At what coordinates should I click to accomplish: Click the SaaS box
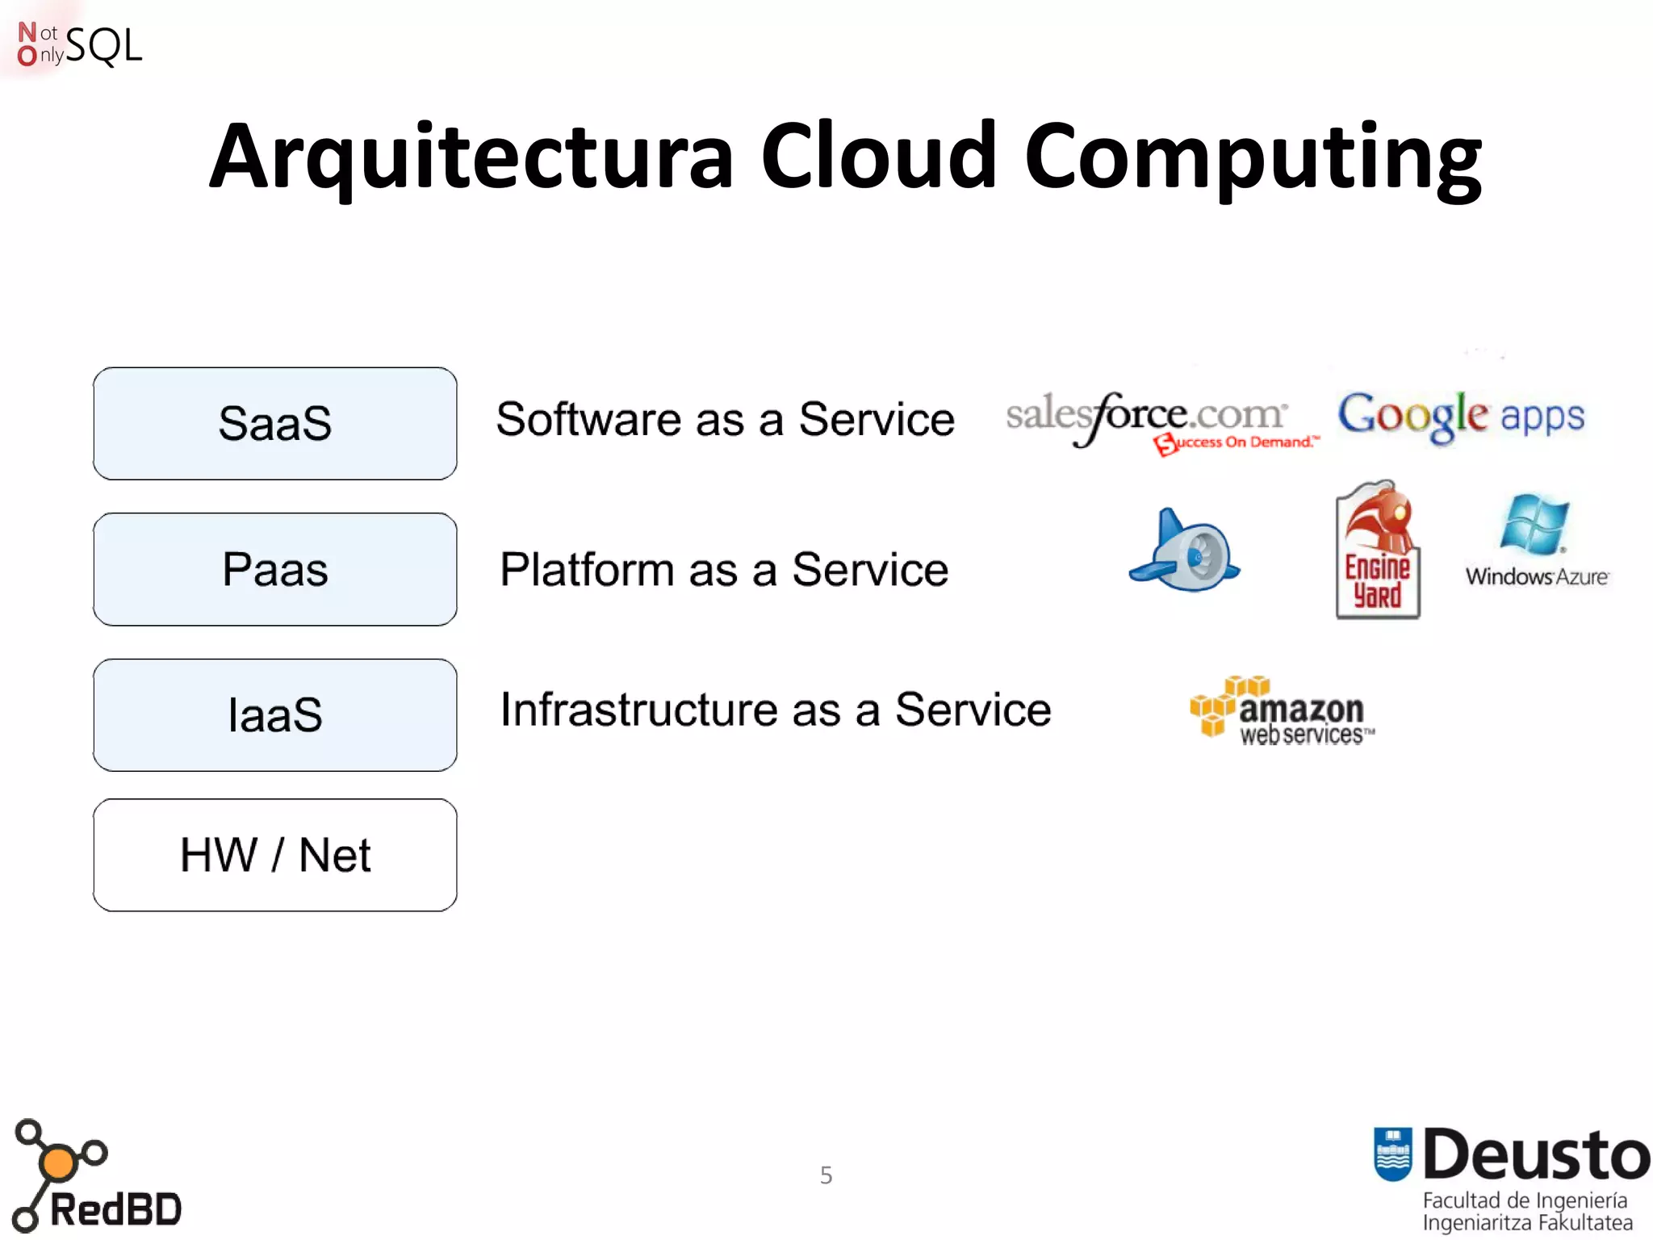274,423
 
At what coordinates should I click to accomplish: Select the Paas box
274,569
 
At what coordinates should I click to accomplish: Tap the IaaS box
274,714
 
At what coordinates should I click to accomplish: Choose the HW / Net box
274,855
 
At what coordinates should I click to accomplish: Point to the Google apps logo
1461,416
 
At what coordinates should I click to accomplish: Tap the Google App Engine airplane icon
1185,551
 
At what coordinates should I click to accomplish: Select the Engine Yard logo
1378,551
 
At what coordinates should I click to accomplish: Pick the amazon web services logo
1282,710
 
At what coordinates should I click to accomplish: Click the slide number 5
826,1175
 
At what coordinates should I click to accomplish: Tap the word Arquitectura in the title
471,157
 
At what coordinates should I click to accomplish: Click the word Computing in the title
1253,157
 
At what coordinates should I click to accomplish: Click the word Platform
587,569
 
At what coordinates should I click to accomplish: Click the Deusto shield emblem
1392,1153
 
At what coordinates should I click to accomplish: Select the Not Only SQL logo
79,45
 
